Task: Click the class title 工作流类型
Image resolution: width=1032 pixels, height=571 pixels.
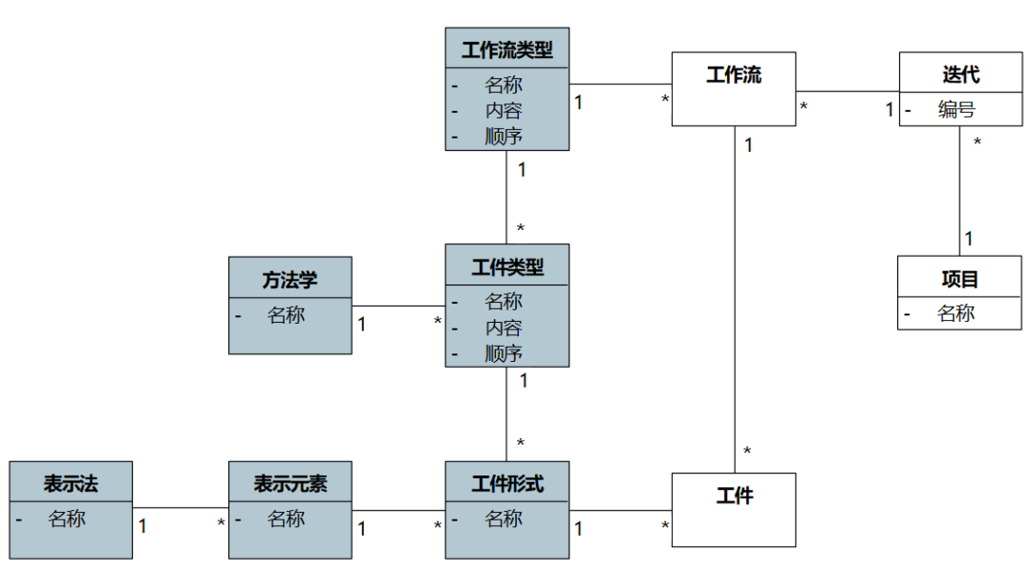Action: click(x=507, y=49)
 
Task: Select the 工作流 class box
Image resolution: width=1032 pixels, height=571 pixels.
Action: click(x=734, y=89)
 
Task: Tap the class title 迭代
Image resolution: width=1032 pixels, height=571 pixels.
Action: click(x=960, y=74)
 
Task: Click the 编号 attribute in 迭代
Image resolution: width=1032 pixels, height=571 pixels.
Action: click(x=957, y=109)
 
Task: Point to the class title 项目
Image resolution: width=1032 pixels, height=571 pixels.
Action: click(x=959, y=279)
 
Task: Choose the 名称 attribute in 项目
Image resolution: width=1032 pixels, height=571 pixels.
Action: click(x=956, y=312)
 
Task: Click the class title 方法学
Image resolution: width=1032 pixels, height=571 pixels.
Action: click(x=290, y=280)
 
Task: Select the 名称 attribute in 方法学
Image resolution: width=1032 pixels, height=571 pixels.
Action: click(x=286, y=314)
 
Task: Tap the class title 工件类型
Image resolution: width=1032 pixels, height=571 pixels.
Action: click(x=507, y=267)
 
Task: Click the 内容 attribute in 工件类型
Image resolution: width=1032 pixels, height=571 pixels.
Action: click(x=504, y=328)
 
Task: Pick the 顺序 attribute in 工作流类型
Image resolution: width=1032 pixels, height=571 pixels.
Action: click(x=504, y=136)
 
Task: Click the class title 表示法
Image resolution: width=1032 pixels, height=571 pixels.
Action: click(x=71, y=484)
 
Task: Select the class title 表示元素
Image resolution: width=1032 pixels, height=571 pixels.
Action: click(x=290, y=484)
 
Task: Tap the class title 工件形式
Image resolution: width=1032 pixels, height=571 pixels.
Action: click(x=507, y=484)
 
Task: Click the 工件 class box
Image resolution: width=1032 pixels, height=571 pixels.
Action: click(x=734, y=510)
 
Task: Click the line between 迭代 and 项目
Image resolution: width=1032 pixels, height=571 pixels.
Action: click(x=959, y=191)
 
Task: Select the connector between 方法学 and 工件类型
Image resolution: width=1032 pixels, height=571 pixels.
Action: click(x=398, y=307)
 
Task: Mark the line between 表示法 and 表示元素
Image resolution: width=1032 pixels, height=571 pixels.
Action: click(x=181, y=508)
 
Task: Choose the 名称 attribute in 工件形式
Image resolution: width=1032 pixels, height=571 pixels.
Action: click(x=504, y=518)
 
